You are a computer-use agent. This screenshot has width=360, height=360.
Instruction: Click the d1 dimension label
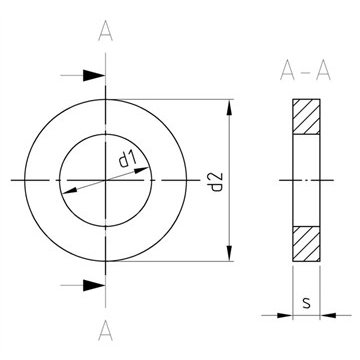click(128, 159)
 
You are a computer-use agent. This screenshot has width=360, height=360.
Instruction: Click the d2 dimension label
click(217, 182)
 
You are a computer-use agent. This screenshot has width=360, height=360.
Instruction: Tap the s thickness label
click(306, 303)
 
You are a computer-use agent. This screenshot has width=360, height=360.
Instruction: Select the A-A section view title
click(305, 71)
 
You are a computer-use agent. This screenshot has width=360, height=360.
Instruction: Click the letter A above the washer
click(106, 31)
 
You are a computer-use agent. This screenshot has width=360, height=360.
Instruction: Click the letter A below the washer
click(106, 331)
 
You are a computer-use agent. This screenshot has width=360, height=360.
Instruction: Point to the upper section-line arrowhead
click(94, 76)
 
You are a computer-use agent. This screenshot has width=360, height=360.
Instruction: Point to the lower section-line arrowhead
click(94, 285)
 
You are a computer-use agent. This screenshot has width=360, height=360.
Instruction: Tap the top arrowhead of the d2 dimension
click(229, 107)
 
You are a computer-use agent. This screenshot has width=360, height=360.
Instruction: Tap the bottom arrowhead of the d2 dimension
click(229, 253)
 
